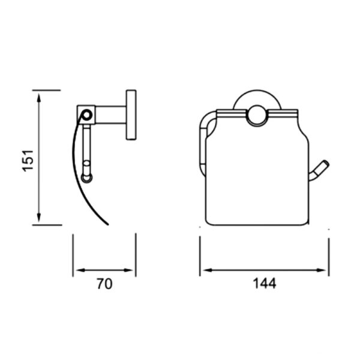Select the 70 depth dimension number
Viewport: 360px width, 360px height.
(x=104, y=284)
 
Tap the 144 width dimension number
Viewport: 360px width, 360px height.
(x=265, y=284)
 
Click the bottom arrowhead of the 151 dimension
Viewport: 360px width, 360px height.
(x=39, y=220)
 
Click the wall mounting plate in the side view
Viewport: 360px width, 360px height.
(x=130, y=115)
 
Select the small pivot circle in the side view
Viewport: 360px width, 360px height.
(x=88, y=113)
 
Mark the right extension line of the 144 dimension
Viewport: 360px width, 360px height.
(x=328, y=255)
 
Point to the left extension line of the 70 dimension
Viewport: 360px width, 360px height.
(x=73, y=255)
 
